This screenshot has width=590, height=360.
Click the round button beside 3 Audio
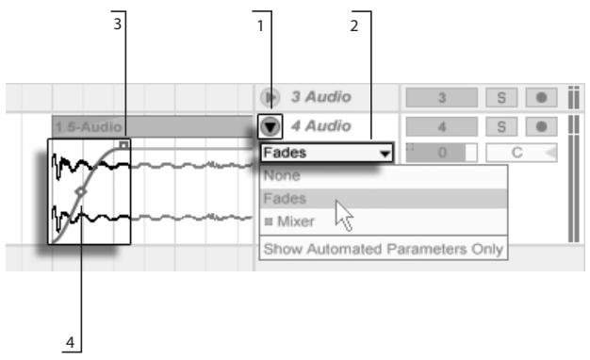point(270,98)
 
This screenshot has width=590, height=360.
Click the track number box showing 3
point(441,98)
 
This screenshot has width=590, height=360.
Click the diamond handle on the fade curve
point(81,191)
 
